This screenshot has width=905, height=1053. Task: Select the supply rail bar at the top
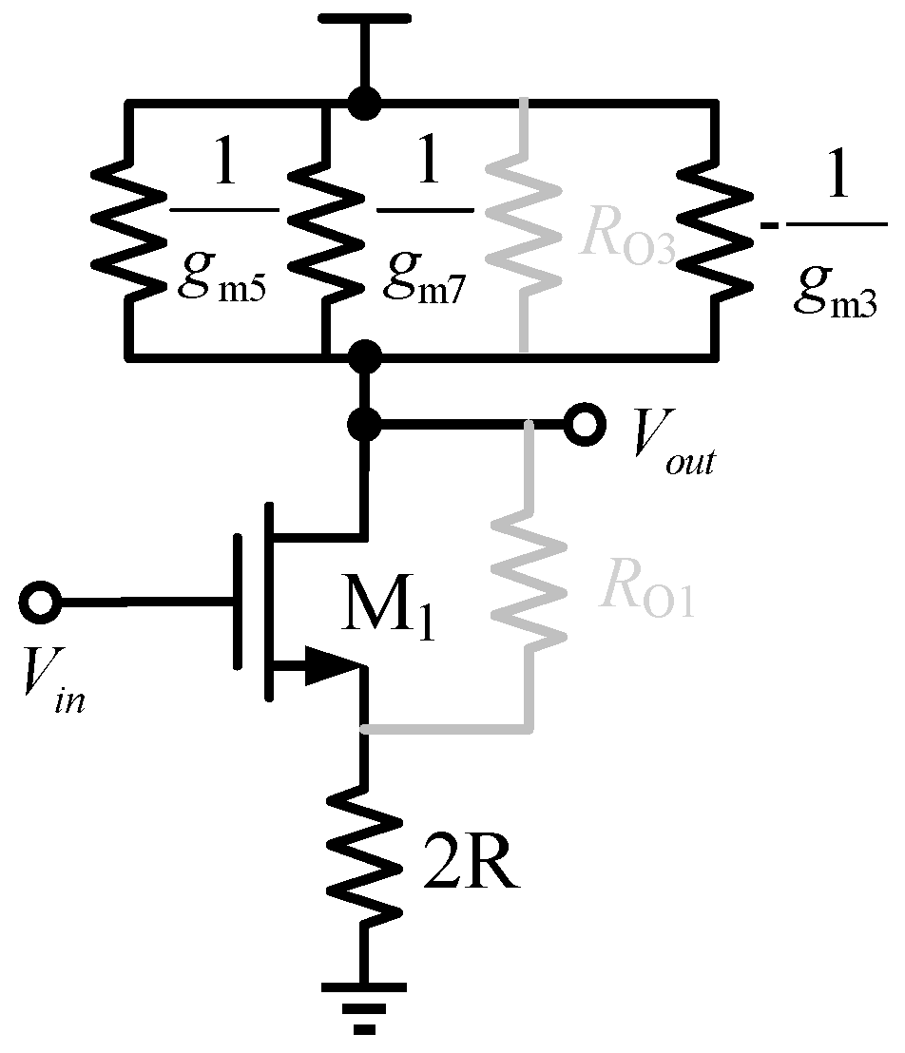pos(364,19)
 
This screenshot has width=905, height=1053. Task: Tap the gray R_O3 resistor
pos(522,229)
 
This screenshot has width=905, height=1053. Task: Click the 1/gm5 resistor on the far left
pos(128,229)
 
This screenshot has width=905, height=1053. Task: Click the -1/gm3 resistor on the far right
pos(715,229)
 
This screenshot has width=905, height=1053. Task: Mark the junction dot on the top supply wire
pos(362,102)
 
